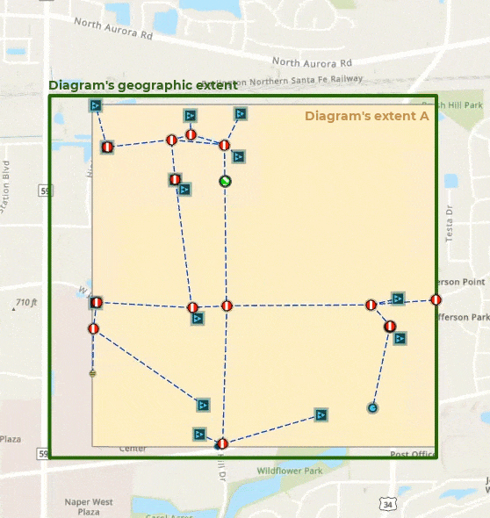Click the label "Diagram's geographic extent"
tap(142, 85)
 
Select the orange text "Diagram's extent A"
tap(366, 116)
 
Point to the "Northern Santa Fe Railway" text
tap(299, 81)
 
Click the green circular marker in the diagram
tap(225, 181)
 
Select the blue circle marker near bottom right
tap(373, 408)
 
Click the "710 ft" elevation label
tap(26, 303)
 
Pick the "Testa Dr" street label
tap(450, 229)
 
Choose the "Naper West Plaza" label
tap(89, 507)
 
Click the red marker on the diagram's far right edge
tap(436, 300)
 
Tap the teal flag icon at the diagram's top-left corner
tap(97, 105)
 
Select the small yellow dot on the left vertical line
tap(92, 373)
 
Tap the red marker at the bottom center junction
tap(222, 443)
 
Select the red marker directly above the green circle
tap(225, 145)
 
